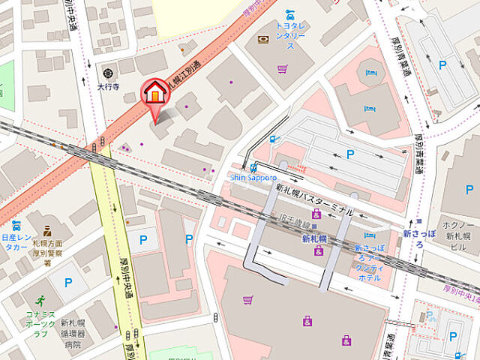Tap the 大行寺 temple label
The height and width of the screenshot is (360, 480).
point(109,86)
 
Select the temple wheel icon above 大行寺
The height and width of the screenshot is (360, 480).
point(109,73)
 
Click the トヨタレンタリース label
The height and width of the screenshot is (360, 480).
point(289,34)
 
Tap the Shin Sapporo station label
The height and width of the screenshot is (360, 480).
point(253,177)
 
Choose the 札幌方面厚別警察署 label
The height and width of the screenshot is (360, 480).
point(46,253)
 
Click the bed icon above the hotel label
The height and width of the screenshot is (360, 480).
point(369,235)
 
